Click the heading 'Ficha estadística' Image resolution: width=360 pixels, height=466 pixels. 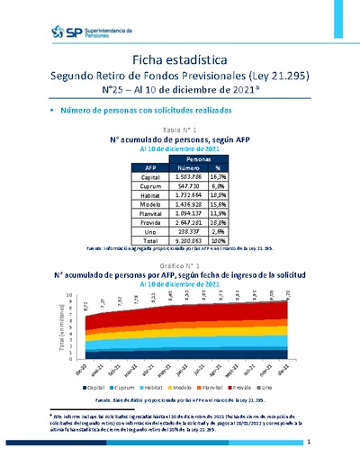180,58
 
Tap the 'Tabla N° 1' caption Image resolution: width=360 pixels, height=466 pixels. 180,131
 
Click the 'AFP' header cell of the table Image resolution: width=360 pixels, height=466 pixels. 150,167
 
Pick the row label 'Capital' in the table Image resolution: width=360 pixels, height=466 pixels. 150,178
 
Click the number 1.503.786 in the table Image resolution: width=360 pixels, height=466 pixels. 195,178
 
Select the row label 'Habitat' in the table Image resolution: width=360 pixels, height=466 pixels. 150,189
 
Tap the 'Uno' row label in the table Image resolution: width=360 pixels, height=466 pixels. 150,232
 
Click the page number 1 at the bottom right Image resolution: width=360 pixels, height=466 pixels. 309,443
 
